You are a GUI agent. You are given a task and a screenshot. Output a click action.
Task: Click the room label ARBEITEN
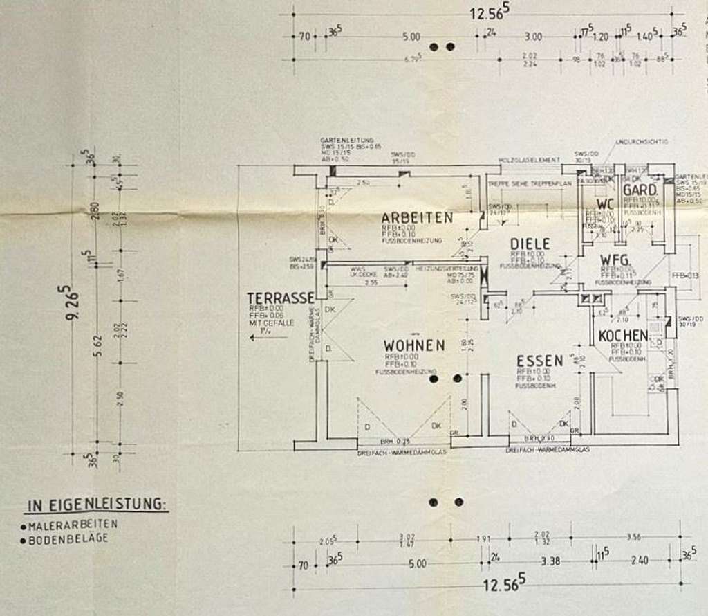(x=417, y=217)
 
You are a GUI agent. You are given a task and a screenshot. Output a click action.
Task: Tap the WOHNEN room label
(x=415, y=344)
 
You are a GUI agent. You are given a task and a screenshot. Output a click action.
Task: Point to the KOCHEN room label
(x=624, y=336)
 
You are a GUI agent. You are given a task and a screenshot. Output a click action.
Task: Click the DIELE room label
(x=530, y=244)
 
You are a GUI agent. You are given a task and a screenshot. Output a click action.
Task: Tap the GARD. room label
(x=640, y=190)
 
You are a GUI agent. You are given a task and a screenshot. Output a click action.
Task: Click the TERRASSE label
(x=280, y=298)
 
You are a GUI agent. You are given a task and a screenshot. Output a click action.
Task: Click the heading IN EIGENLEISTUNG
(x=97, y=505)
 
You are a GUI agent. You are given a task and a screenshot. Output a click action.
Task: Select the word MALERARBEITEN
(x=72, y=525)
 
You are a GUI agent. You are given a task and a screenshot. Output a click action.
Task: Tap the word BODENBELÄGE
(x=68, y=538)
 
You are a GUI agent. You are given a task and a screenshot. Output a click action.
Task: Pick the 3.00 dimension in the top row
(x=533, y=36)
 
